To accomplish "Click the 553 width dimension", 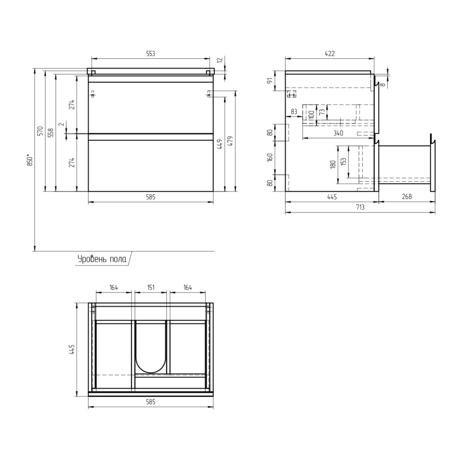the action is pos(150,54).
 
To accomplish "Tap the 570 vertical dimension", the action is pos(40,131).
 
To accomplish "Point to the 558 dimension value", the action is pos(50,133).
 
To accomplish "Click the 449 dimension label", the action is pos(219,144).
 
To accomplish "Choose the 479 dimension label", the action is pos(230,141).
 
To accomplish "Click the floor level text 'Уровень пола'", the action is pos(102,259).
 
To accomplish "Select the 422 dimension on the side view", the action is pos(329,54).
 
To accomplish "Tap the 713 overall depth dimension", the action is pos(360,207).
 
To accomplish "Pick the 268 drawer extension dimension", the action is pos(407,196).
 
